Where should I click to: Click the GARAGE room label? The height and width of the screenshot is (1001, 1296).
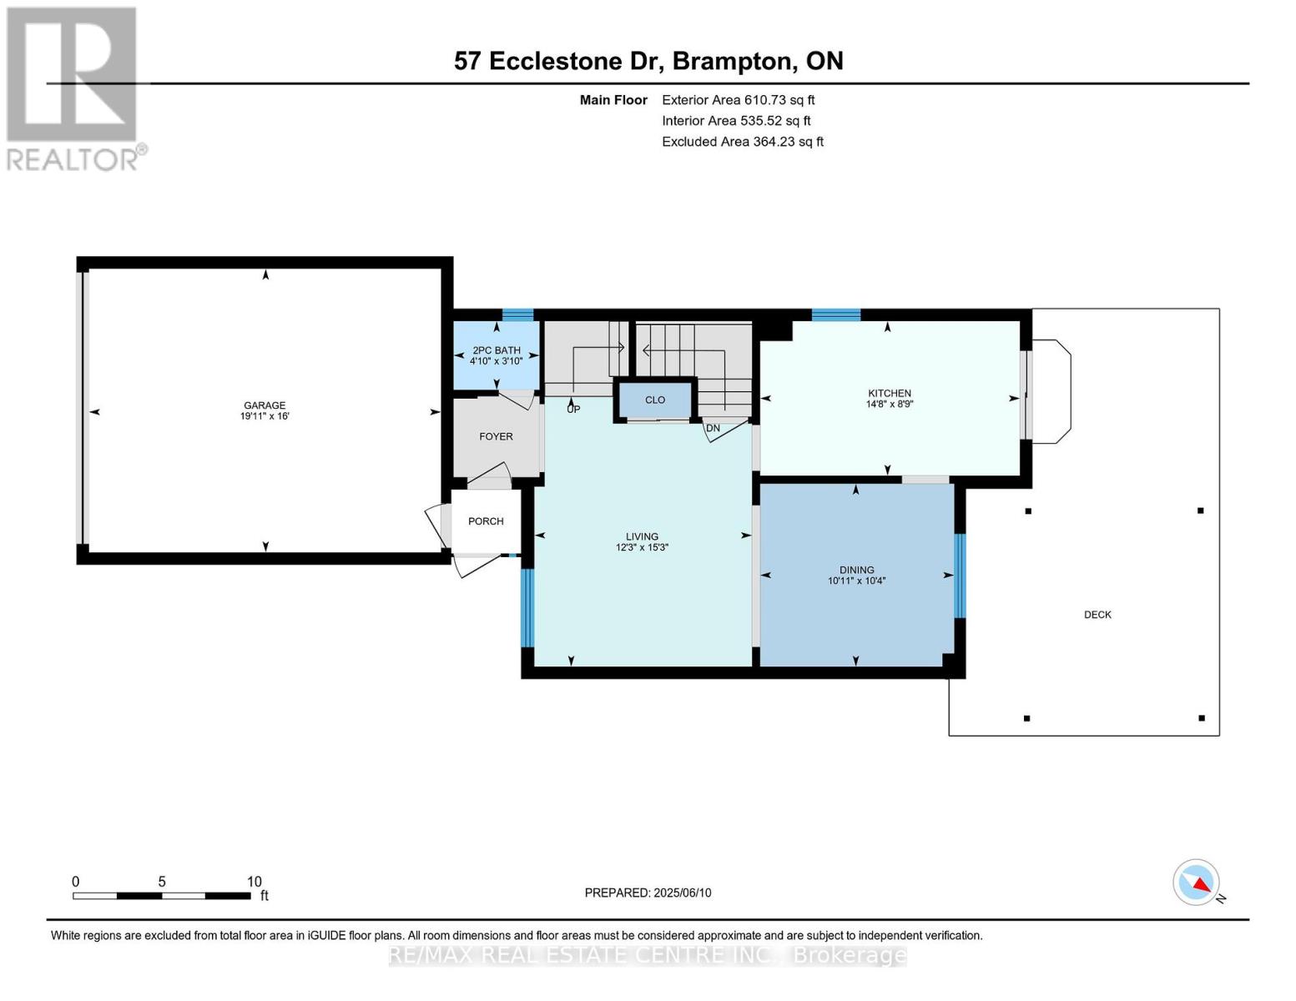tap(265, 405)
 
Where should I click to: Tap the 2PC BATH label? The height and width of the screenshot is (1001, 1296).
tap(497, 350)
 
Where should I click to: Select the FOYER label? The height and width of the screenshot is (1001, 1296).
tap(496, 436)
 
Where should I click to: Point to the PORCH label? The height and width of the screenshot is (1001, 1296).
tap(486, 521)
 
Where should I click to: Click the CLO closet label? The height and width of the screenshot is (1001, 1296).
tap(655, 400)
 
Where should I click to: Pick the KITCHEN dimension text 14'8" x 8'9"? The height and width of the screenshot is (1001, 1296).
tap(890, 404)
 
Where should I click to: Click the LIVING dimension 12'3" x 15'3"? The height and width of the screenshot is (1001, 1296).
tap(642, 547)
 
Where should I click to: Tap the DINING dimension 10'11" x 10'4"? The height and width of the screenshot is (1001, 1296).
tap(856, 581)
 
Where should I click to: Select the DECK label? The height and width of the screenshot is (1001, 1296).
tap(1097, 615)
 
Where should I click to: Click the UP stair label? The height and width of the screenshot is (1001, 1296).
tap(573, 410)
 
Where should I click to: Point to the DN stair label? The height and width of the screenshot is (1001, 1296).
tap(713, 428)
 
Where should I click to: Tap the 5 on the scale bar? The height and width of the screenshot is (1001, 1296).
tap(162, 882)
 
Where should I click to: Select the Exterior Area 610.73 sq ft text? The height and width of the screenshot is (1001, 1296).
tap(739, 100)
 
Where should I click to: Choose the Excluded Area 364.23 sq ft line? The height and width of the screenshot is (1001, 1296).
tap(743, 142)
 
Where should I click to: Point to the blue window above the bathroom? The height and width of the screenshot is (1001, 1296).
tap(517, 315)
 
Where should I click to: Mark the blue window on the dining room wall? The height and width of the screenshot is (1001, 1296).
tap(960, 576)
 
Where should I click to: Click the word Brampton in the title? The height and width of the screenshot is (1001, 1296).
tap(734, 61)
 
